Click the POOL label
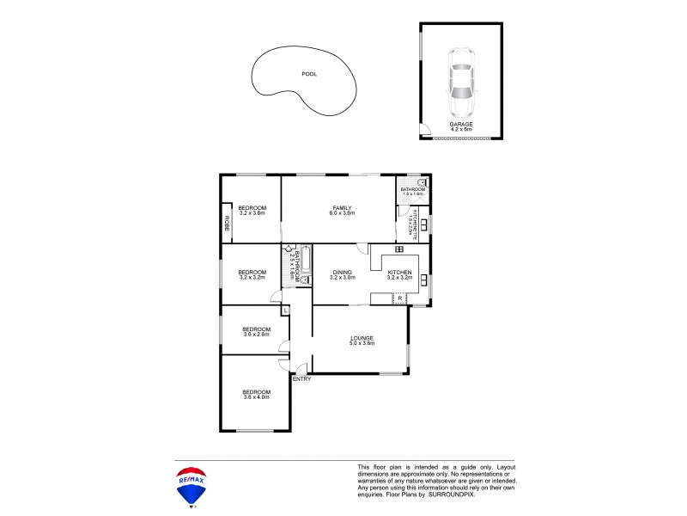[309, 74]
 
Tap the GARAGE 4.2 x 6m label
[461, 126]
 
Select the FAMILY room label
[343, 209]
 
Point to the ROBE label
[228, 224]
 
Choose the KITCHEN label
[400, 275]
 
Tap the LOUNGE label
[362, 341]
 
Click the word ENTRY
[301, 379]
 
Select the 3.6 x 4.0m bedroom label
[256, 395]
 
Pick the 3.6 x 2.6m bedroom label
[256, 331]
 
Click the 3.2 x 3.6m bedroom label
[252, 210]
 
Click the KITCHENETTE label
[414, 224]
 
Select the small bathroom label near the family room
[413, 191]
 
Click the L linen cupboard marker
[285, 310]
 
